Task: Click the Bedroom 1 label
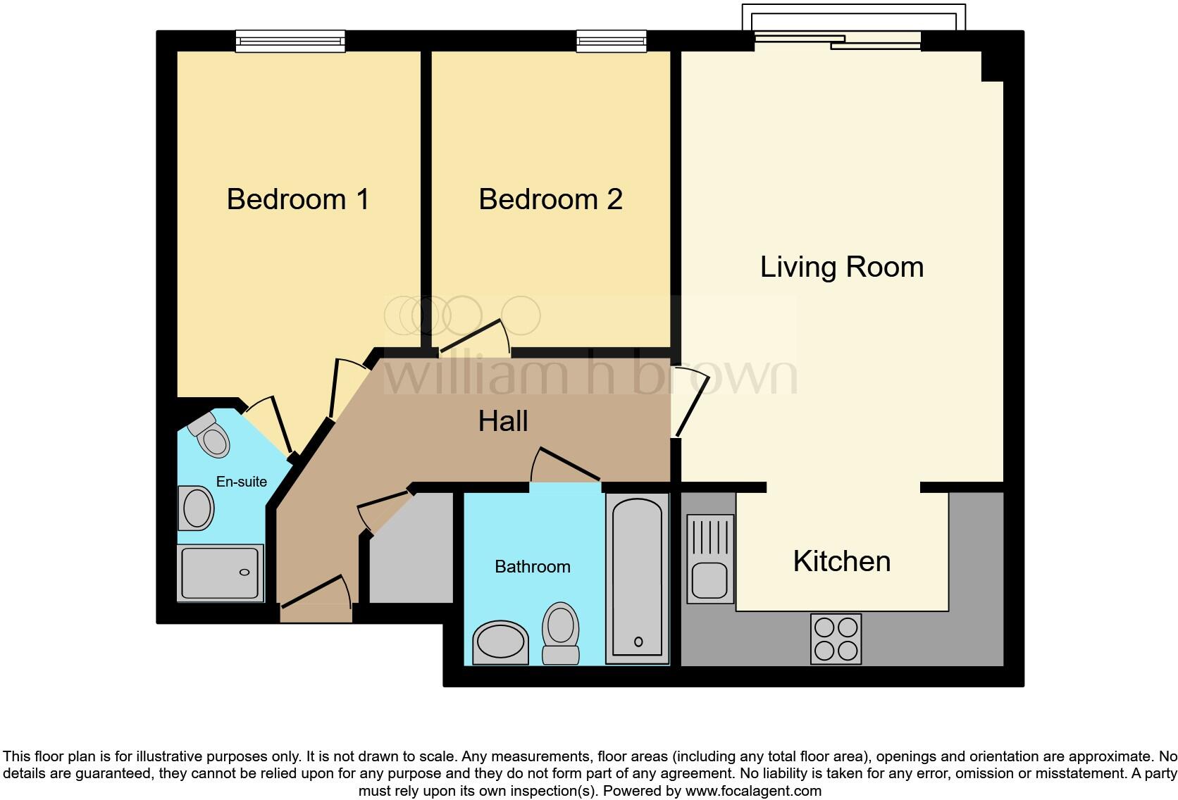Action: click(x=297, y=199)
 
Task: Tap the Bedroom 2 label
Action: click(x=551, y=199)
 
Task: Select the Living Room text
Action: click(x=841, y=267)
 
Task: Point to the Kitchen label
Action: click(x=841, y=561)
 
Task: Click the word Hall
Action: click(x=503, y=421)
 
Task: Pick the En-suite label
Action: click(x=242, y=482)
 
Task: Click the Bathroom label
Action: click(x=533, y=567)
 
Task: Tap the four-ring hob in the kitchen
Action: click(x=836, y=639)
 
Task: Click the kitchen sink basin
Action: click(x=709, y=580)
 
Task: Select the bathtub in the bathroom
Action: click(x=637, y=578)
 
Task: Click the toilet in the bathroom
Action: click(x=561, y=633)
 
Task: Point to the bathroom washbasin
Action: click(x=500, y=643)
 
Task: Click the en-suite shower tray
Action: click(x=220, y=573)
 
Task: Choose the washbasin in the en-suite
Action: click(x=196, y=508)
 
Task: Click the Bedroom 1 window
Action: click(x=290, y=41)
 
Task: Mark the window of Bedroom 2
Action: click(x=611, y=41)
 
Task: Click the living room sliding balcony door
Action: click(x=838, y=40)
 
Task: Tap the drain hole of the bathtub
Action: click(x=638, y=642)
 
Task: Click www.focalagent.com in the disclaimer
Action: click(x=753, y=791)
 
